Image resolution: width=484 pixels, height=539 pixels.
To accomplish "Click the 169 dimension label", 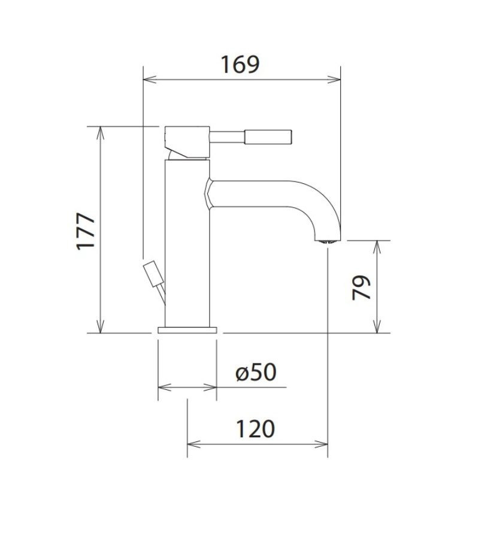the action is (x=240, y=65).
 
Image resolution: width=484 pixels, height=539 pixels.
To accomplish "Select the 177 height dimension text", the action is (x=85, y=231).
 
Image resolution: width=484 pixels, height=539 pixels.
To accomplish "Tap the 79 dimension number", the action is (x=361, y=287).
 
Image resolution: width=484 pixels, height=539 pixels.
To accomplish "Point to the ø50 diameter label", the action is (x=256, y=372).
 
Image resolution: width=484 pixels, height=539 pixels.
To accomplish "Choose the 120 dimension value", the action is (x=255, y=428).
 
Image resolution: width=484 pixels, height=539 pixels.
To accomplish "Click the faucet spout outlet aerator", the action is (x=328, y=241).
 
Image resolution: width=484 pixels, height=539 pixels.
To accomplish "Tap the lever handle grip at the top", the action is (x=268, y=137).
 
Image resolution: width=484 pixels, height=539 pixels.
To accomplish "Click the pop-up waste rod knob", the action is (x=153, y=274).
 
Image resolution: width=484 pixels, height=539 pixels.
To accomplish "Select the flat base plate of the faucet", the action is (x=187, y=330).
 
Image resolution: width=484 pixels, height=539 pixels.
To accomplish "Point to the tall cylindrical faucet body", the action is (x=187, y=243).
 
